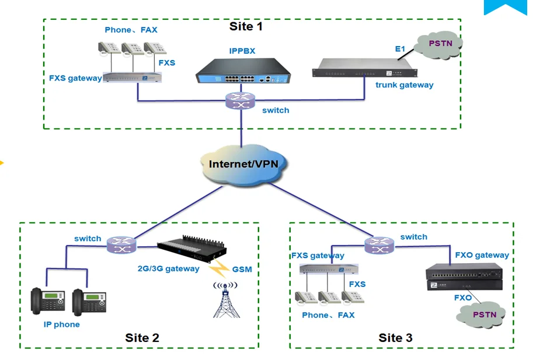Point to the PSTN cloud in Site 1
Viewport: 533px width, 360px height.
440,44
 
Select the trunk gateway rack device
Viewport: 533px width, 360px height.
365,68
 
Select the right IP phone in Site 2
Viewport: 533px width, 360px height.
89,302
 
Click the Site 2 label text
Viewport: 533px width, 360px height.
142,338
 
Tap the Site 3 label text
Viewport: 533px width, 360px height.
395,338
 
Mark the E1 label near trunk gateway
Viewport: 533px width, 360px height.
400,50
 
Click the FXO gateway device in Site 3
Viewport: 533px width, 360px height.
463,276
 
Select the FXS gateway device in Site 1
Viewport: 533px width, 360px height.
132,77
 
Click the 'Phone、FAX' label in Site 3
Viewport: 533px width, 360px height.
328,315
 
